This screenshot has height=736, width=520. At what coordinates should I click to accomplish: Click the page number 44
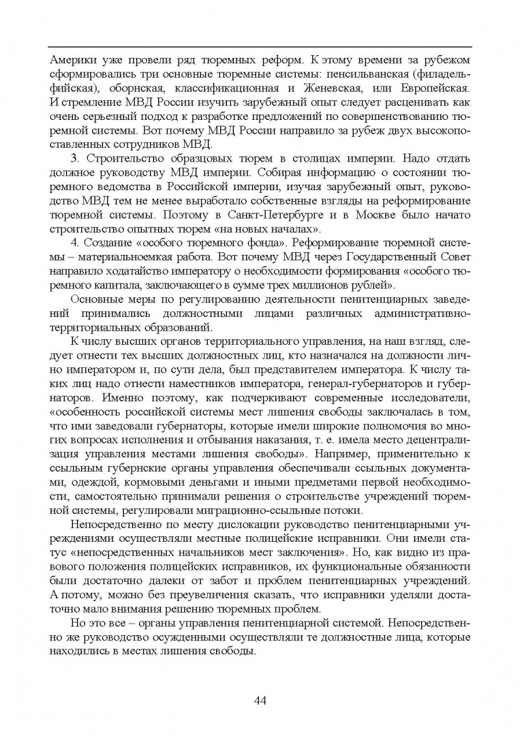260,700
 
